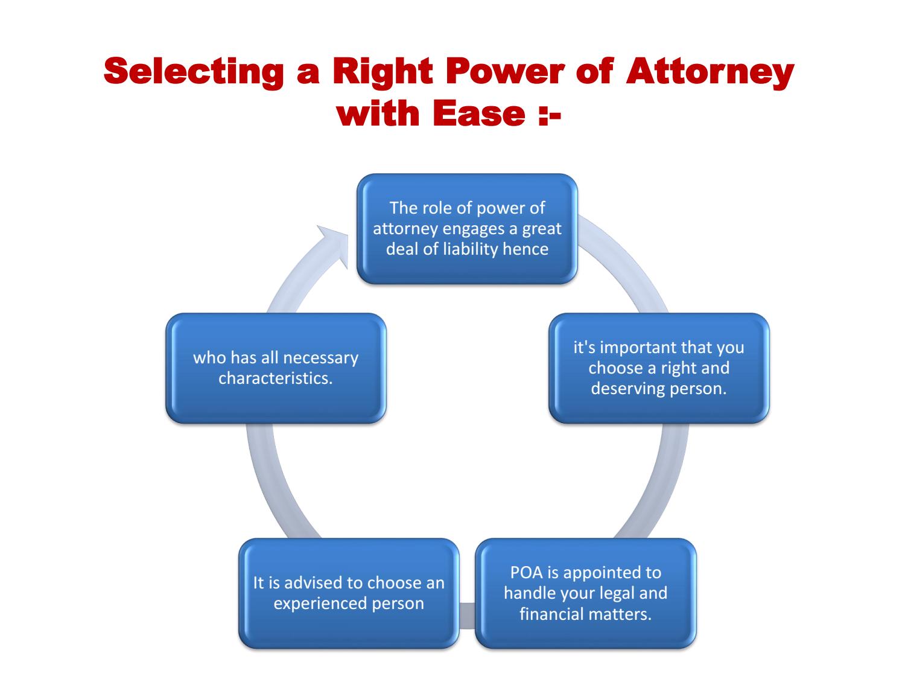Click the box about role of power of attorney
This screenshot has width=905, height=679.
click(x=467, y=229)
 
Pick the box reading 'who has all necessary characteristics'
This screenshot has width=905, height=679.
click(x=276, y=368)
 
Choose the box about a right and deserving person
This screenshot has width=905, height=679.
click(x=658, y=368)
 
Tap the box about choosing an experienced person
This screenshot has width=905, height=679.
click(x=348, y=593)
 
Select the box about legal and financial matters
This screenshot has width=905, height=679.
click(x=585, y=593)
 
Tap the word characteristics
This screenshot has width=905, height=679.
click(x=276, y=378)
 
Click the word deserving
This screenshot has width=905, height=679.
click(x=621, y=388)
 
